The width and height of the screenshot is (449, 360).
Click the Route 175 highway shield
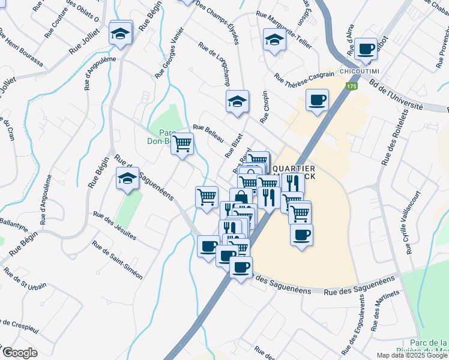click(x=350, y=87)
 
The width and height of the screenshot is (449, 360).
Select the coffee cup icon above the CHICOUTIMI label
click(x=365, y=49)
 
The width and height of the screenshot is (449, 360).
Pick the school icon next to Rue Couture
click(x=121, y=33)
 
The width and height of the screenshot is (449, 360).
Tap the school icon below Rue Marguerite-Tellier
click(x=274, y=41)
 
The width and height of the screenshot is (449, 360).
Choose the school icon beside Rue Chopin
click(x=237, y=102)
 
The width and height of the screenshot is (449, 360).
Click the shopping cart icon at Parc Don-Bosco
click(x=182, y=144)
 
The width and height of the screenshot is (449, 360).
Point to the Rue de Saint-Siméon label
click(x=117, y=260)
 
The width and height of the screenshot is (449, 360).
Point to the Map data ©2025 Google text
click(x=412, y=355)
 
